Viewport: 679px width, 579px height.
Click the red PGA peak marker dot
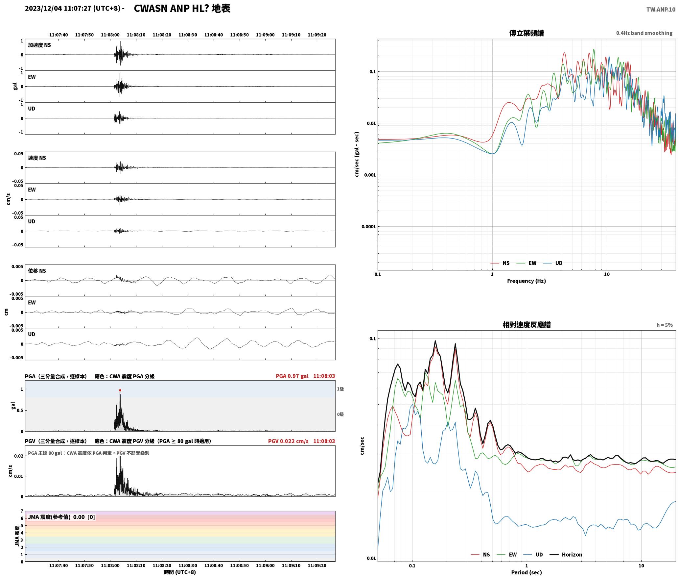tap(120, 390)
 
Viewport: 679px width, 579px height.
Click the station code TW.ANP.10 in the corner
tap(661, 10)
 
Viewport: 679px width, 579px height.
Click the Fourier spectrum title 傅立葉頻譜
tap(526, 33)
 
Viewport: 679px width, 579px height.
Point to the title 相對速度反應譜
tap(527, 325)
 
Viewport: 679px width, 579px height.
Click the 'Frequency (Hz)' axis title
tap(526, 281)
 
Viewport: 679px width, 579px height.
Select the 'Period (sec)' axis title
tap(526, 572)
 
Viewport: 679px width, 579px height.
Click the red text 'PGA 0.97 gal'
tap(292, 376)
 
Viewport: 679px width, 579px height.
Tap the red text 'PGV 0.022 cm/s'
tap(288, 441)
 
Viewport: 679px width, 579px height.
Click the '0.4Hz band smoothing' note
tap(644, 33)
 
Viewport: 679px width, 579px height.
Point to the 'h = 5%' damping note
tap(665, 325)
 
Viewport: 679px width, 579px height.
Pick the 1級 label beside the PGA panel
tap(340, 389)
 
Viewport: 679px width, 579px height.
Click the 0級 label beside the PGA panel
tap(340, 415)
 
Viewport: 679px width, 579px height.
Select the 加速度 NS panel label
tap(39, 45)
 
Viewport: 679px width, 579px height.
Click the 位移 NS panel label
tap(37, 271)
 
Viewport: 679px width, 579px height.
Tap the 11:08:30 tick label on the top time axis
tap(188, 35)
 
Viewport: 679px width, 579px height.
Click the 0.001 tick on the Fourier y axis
tap(370, 175)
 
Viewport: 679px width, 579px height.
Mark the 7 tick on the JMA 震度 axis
tap(22, 511)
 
